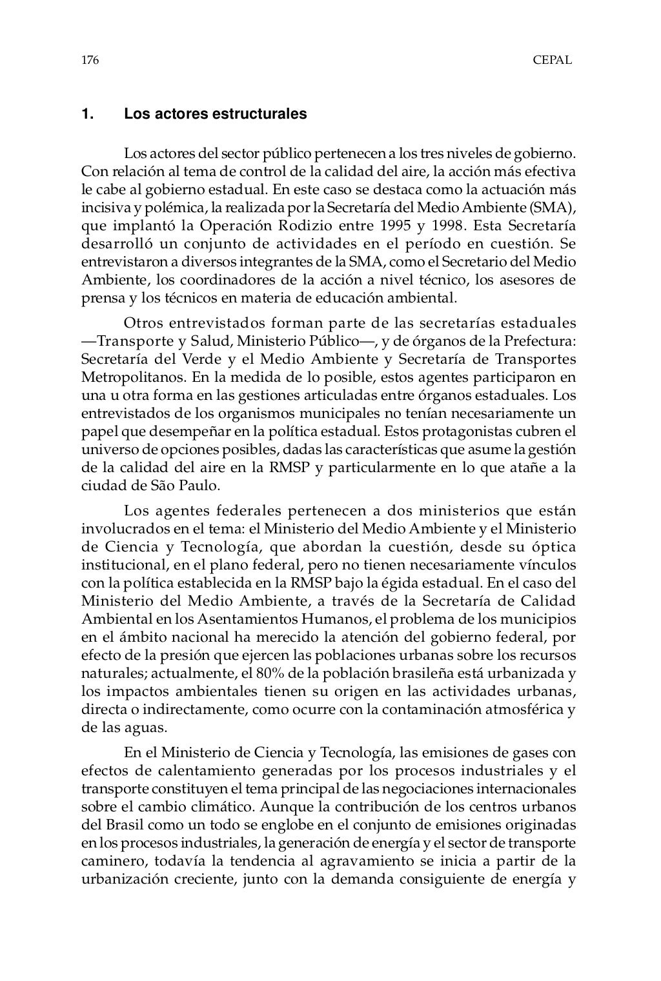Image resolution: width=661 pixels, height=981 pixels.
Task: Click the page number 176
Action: point(90,61)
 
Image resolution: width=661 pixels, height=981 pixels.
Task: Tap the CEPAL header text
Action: point(552,61)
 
